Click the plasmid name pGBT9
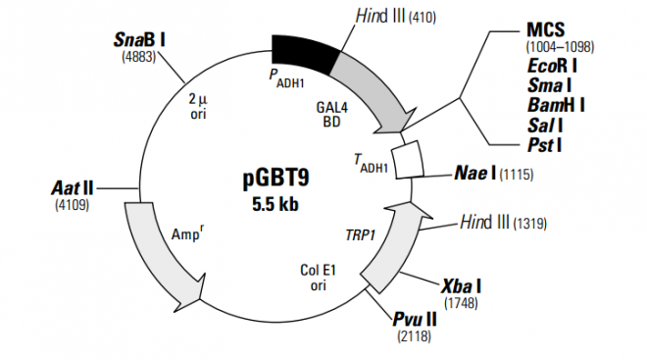(x=275, y=181)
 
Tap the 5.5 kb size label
(x=275, y=204)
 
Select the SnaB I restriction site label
(x=139, y=40)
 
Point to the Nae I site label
(x=475, y=174)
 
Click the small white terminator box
(x=407, y=158)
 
